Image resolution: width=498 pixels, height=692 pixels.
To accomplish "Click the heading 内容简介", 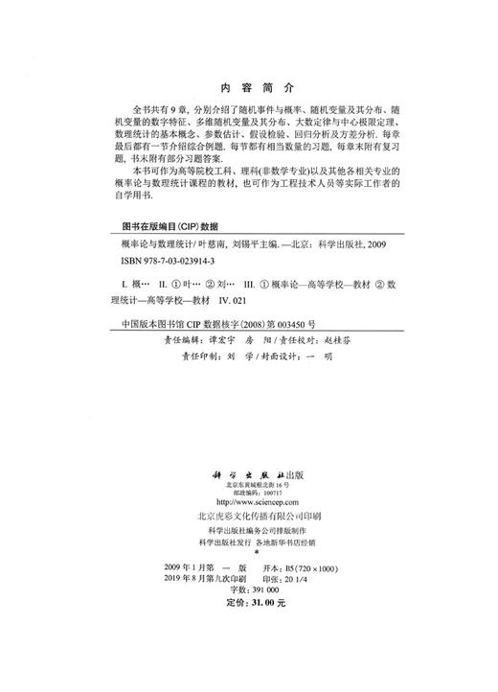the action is click(248, 83).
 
